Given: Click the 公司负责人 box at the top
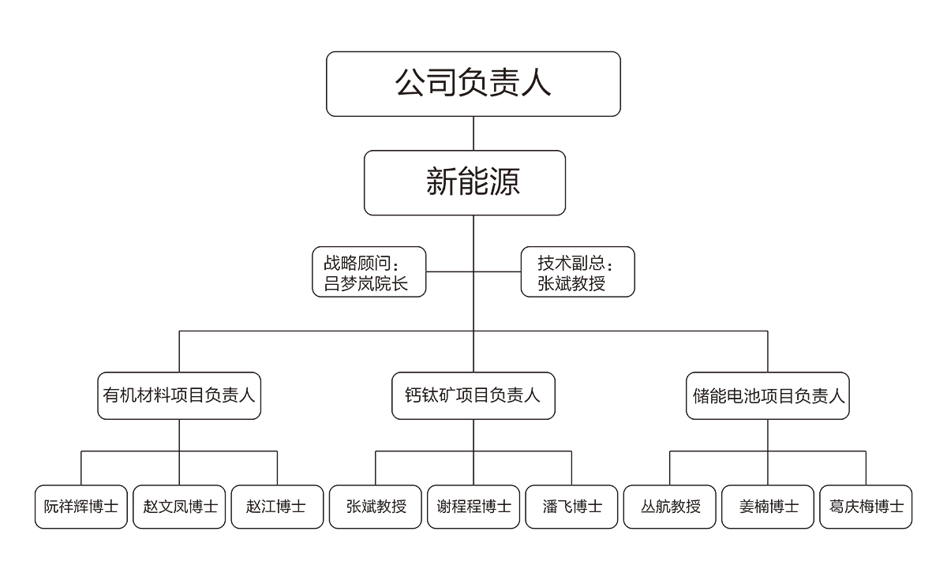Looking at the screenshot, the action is pyautogui.click(x=473, y=84).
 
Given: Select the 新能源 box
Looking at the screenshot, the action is pyautogui.click(x=465, y=182).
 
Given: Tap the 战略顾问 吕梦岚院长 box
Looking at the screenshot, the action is pyautogui.click(x=369, y=271).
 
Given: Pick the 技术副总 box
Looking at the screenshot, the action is pyautogui.click(x=578, y=271).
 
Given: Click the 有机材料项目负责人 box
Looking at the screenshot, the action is pyautogui.click(x=179, y=395).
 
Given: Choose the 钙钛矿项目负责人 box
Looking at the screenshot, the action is pyautogui.click(x=473, y=395).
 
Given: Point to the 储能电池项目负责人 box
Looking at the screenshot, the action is pyautogui.click(x=767, y=395).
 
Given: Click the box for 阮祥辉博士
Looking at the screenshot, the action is pyautogui.click(x=81, y=507).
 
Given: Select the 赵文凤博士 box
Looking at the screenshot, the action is pyautogui.click(x=179, y=507).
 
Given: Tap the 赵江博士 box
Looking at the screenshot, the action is pyautogui.click(x=277, y=507).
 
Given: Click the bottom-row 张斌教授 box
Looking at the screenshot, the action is pyautogui.click(x=376, y=507).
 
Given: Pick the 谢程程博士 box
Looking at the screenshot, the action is pyautogui.click(x=473, y=507).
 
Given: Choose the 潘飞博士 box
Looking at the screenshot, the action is pyautogui.click(x=571, y=507).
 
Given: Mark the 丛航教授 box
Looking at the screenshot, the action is pyautogui.click(x=670, y=507).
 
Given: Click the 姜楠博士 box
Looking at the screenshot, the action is pyautogui.click(x=768, y=507).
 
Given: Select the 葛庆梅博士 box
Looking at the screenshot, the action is pyautogui.click(x=866, y=507).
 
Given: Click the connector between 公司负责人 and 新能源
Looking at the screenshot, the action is pyautogui.click(x=473, y=133).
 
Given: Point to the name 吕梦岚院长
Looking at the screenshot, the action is pyautogui.click(x=365, y=283).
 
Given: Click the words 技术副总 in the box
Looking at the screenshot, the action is pyautogui.click(x=571, y=263).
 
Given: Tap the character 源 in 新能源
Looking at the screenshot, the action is pyautogui.click(x=504, y=181).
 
